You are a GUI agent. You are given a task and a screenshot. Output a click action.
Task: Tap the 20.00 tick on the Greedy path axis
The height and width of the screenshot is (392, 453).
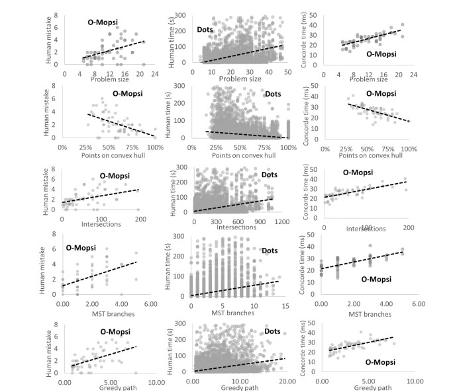pos(287,381)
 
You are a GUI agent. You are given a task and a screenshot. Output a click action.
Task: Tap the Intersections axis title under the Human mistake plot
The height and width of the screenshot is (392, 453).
pos(101,223)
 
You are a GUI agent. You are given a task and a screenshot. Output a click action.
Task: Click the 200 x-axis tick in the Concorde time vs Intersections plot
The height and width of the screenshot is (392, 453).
pos(408,227)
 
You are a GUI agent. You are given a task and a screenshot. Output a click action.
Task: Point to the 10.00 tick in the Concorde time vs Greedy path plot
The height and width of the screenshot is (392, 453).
pos(415,381)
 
